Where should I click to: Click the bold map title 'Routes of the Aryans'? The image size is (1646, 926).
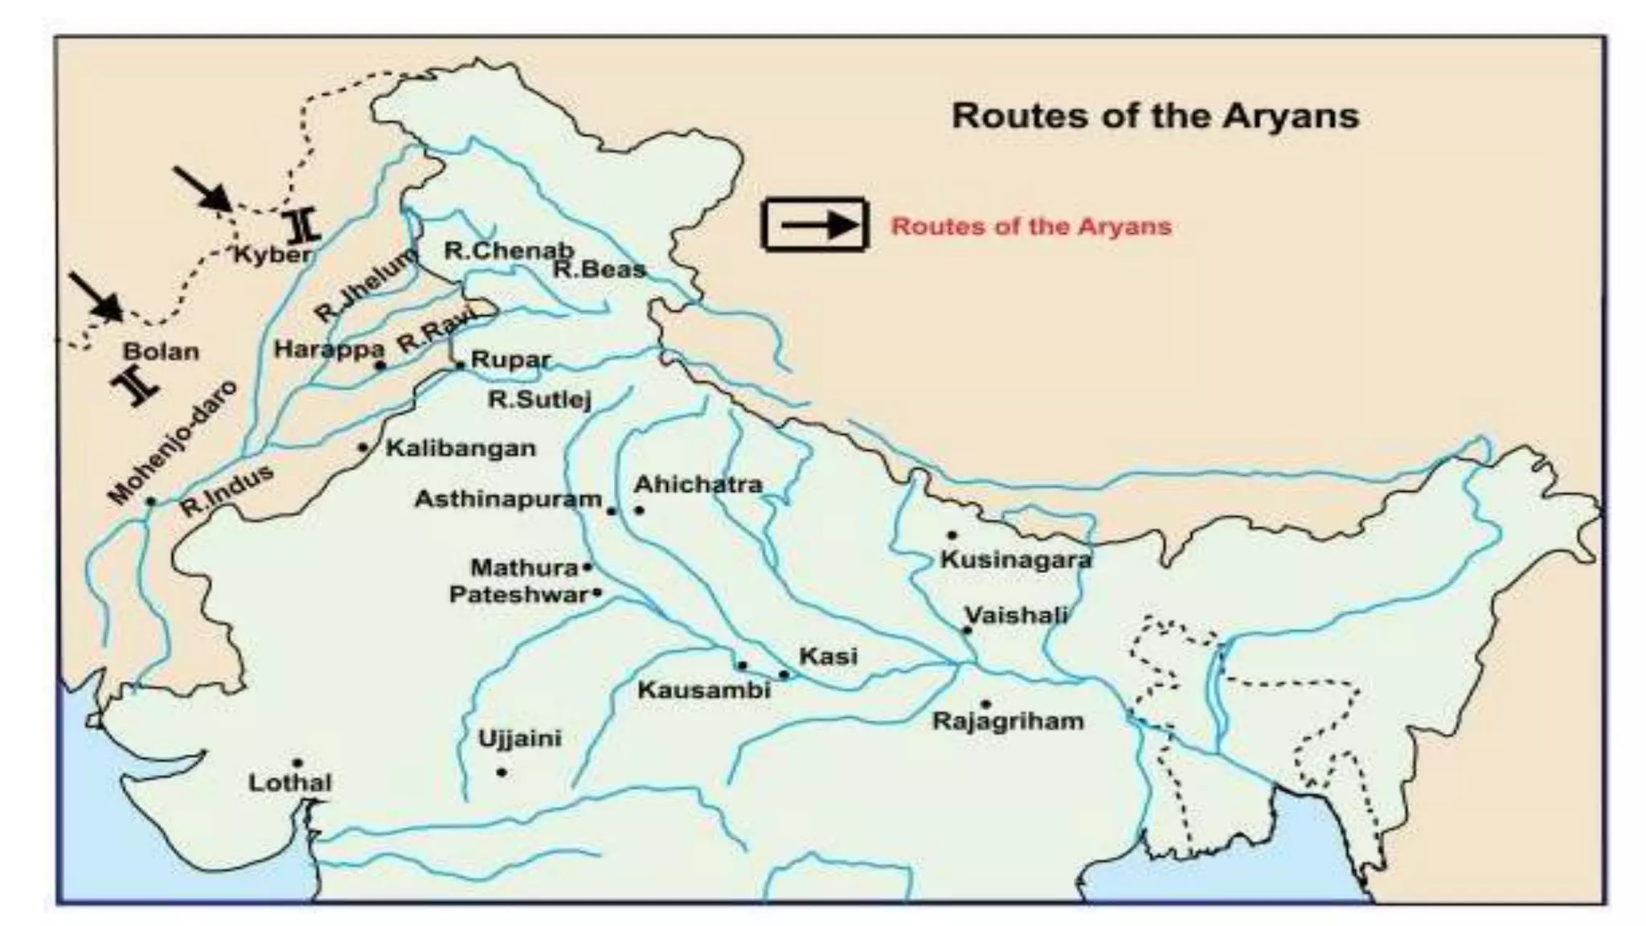[1155, 117]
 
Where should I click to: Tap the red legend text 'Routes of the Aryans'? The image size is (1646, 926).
[1031, 227]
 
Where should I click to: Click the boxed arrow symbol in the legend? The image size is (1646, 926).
[815, 225]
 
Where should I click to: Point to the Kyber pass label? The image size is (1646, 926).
[272, 255]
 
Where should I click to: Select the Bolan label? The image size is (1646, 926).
[161, 352]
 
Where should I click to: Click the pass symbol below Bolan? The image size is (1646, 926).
[137, 387]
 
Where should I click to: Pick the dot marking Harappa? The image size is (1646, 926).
[381, 366]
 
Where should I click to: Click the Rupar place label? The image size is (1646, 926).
[510, 359]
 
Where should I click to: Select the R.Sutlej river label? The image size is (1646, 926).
[540, 399]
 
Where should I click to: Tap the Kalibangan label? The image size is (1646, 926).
[461, 449]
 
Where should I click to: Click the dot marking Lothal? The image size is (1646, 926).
[297, 763]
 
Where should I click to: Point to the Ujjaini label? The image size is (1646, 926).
[520, 739]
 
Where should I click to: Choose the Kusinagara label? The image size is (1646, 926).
[1016, 560]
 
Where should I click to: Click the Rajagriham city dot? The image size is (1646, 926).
[986, 704]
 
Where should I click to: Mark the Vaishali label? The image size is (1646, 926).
[1016, 616]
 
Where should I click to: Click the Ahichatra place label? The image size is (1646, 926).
[698, 485]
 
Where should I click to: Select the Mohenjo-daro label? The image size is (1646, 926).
[174, 443]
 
